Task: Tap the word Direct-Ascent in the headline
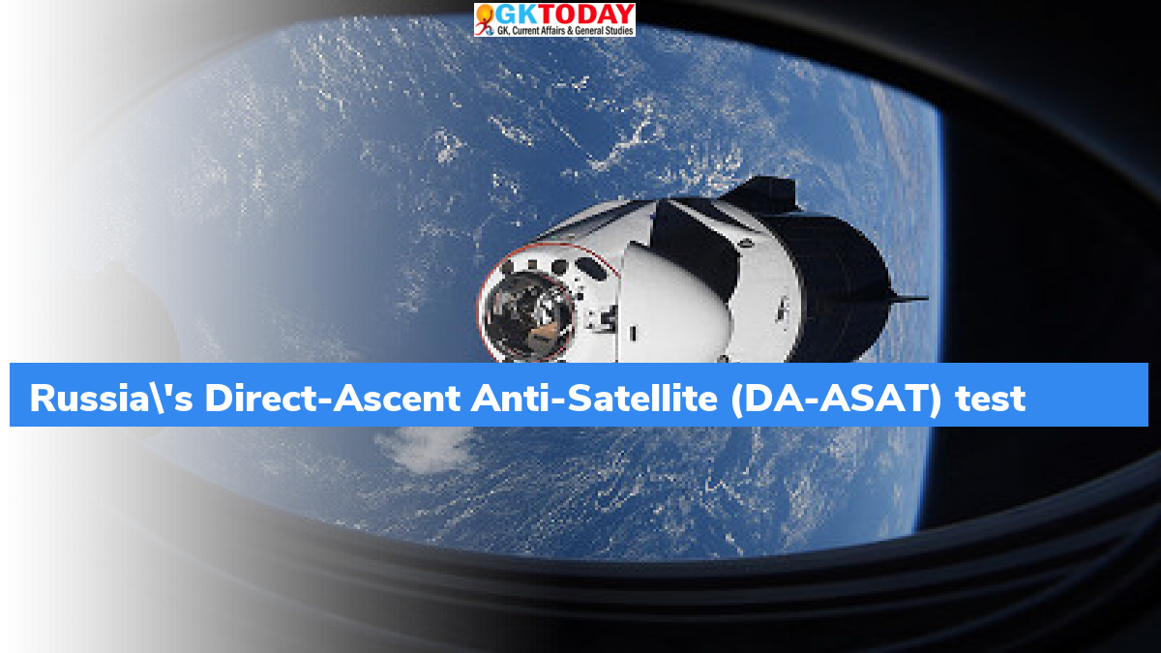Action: click(x=332, y=399)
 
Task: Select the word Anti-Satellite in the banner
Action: click(x=594, y=399)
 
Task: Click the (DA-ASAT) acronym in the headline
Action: click(x=836, y=400)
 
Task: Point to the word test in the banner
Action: click(x=991, y=400)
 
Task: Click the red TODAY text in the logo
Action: click(x=584, y=15)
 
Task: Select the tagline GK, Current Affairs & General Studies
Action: click(x=565, y=31)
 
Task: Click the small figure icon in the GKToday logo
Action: click(x=485, y=19)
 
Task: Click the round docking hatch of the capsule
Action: click(x=527, y=314)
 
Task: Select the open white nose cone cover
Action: click(x=673, y=306)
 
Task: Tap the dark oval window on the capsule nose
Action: click(x=590, y=268)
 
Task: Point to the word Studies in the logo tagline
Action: click(x=619, y=31)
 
